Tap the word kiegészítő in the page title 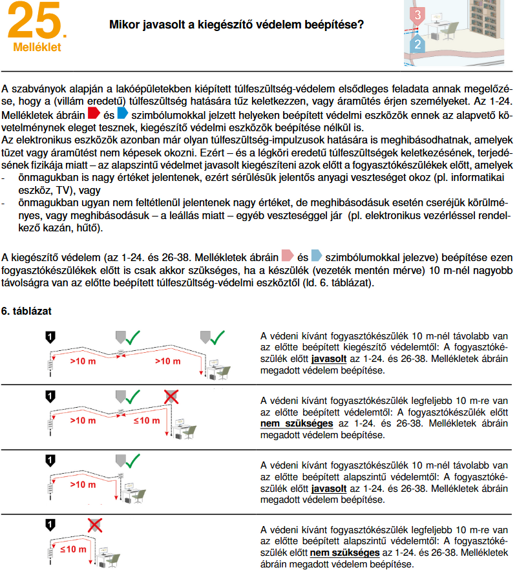click(253, 25)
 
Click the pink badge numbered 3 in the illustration click(419, 14)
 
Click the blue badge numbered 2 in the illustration click(418, 44)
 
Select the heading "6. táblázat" click(26, 311)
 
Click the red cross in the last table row click(95, 524)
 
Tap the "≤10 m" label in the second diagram click(146, 421)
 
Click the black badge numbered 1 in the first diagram click(50, 336)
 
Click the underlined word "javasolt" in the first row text click(328, 359)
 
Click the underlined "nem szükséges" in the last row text click(344, 553)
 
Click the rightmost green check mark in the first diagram click(217, 336)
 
